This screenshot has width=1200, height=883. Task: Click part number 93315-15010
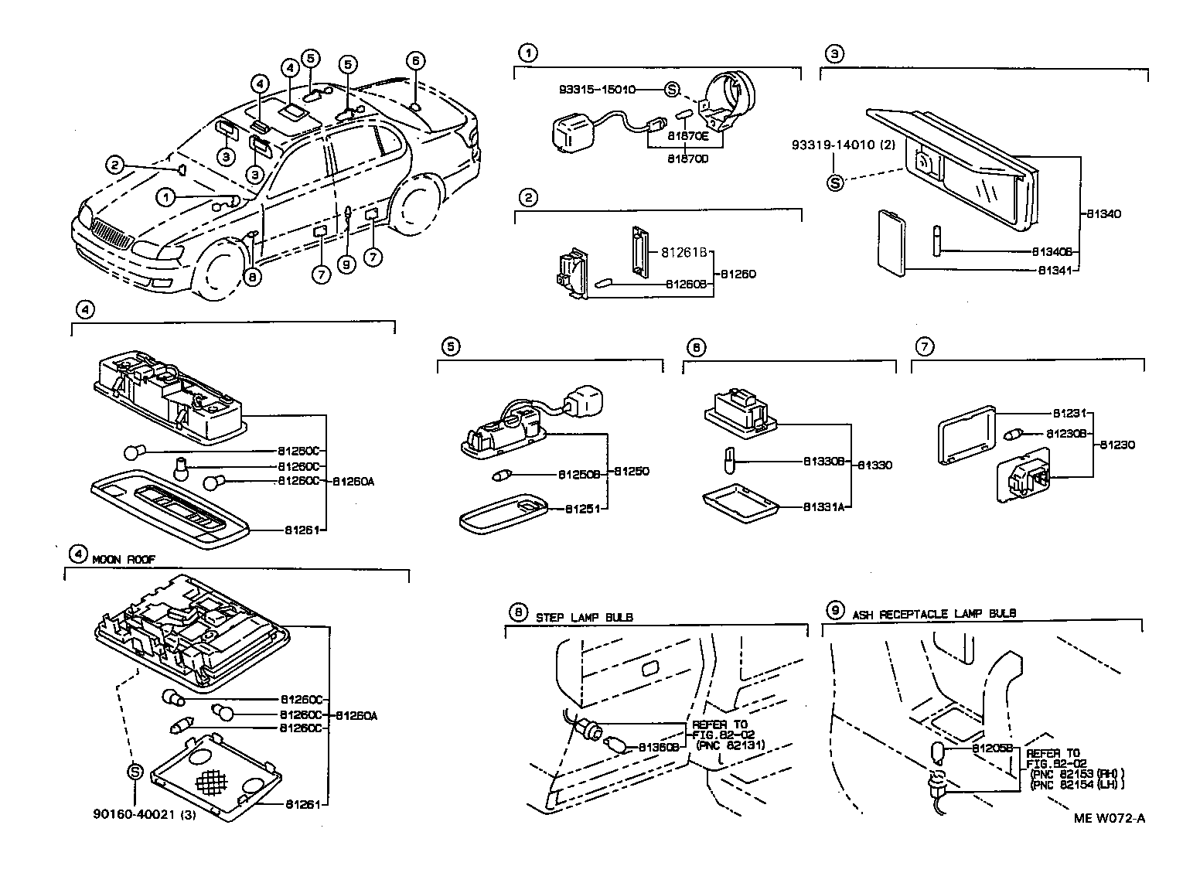(x=596, y=90)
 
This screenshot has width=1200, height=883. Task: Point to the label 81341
(x=1056, y=271)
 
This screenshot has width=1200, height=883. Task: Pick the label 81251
(x=581, y=509)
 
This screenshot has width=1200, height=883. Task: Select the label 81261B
(x=684, y=252)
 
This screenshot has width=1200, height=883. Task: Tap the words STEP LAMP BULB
(x=584, y=617)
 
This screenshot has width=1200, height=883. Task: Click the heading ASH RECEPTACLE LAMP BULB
(x=934, y=613)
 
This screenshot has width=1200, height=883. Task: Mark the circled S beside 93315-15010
(x=671, y=90)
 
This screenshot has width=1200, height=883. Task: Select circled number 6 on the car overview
(x=414, y=60)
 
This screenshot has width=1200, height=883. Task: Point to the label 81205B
(x=992, y=748)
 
